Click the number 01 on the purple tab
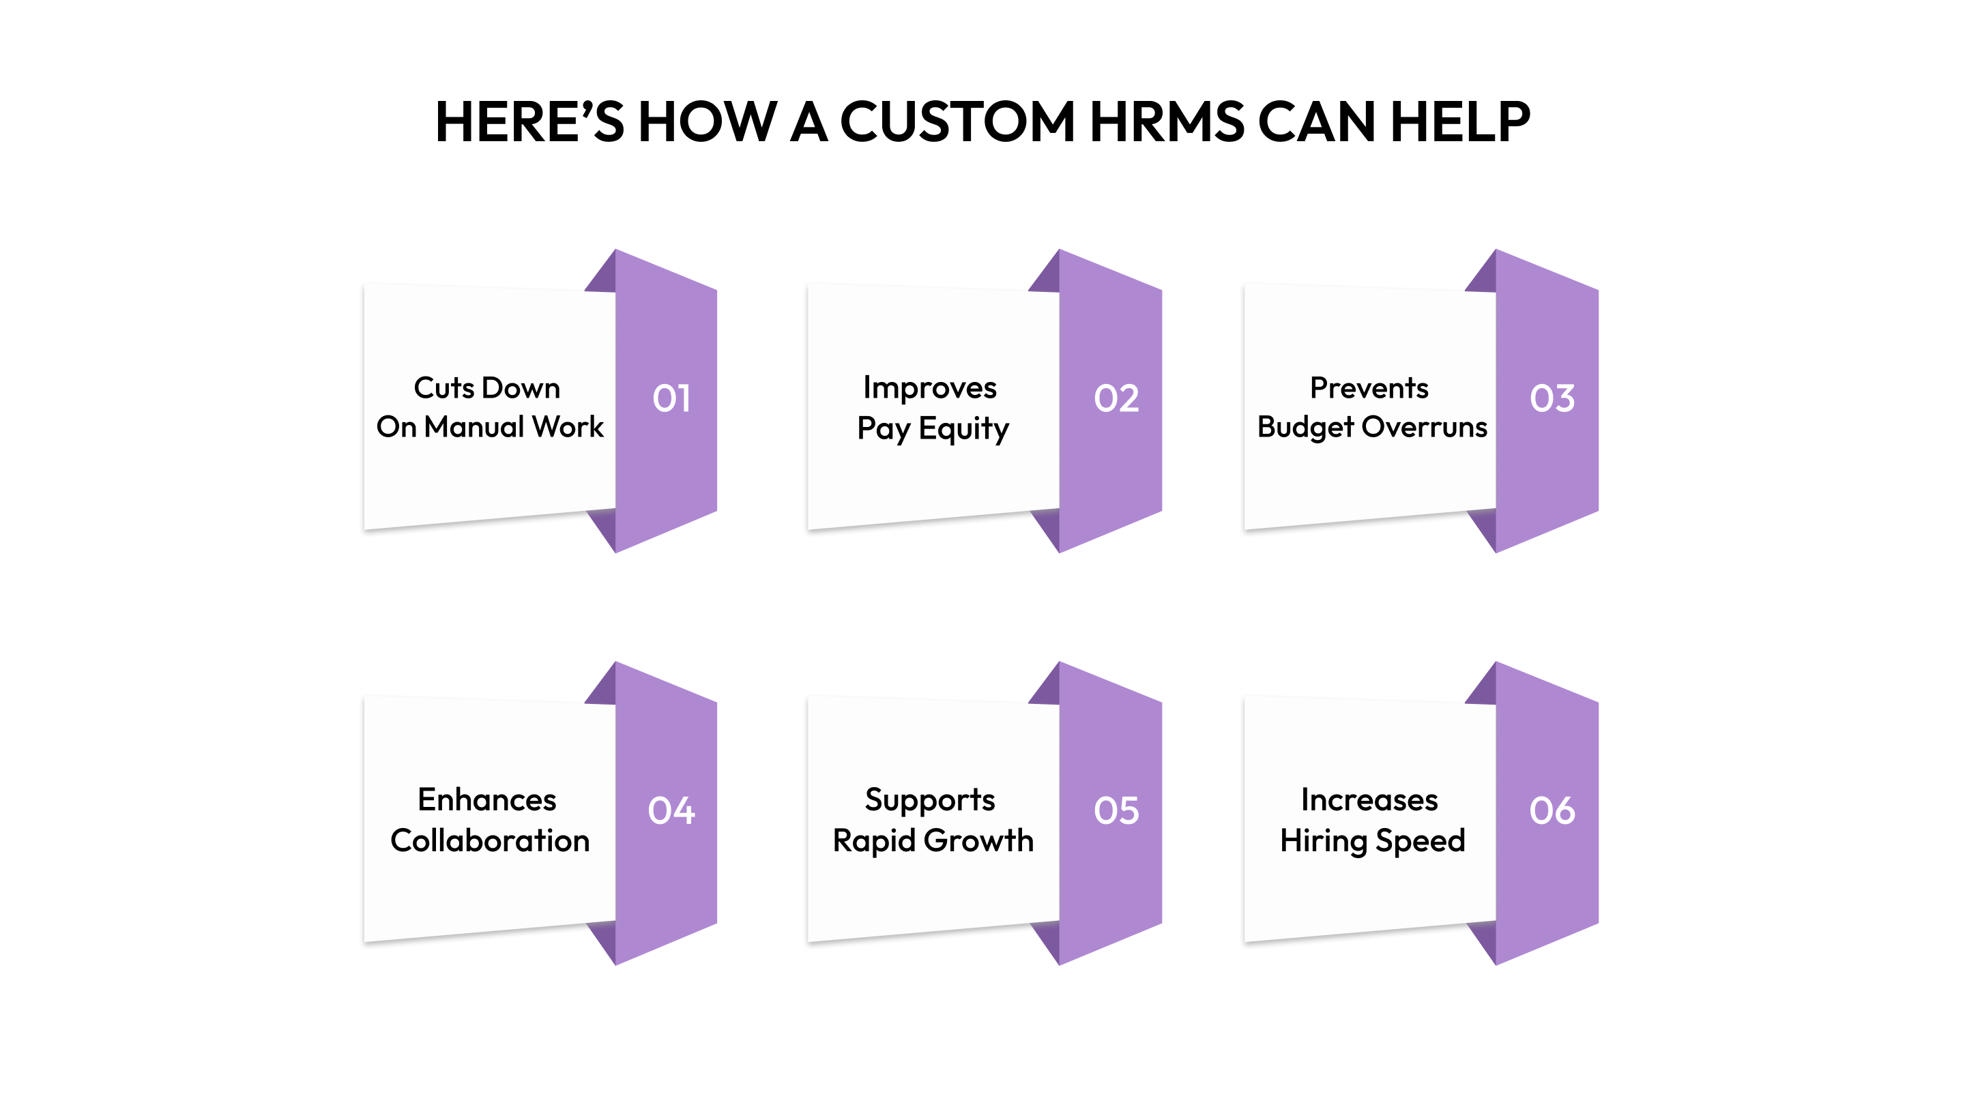671,398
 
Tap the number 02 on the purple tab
1116,398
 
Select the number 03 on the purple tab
1552,398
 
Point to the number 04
671,810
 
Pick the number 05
1116,810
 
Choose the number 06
1552,810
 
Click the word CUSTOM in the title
957,122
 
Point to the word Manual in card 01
474,427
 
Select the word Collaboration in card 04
490,840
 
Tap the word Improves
929,388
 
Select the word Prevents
1369,388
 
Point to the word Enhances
486,800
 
